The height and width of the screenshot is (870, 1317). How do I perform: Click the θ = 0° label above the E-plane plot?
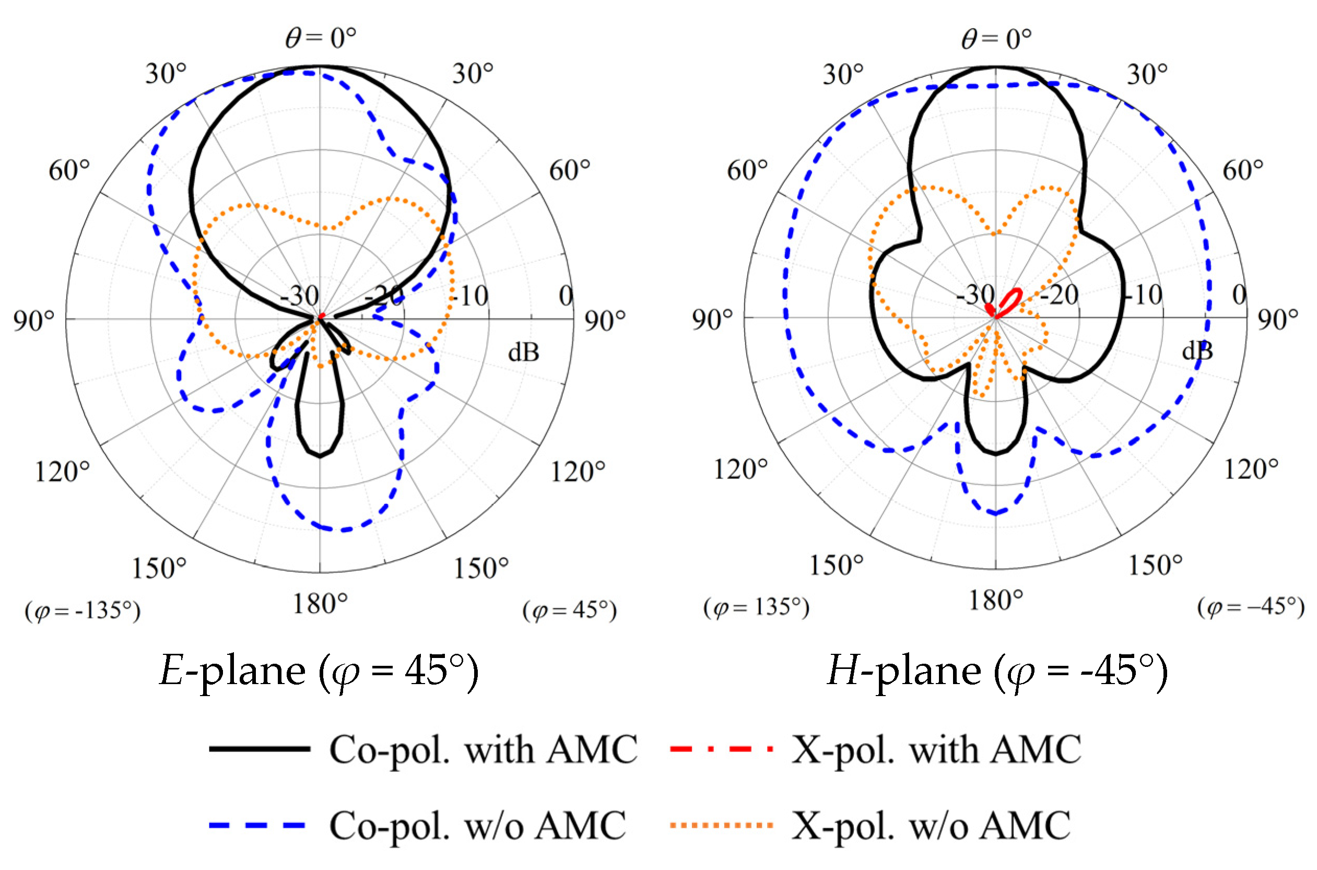pos(320,38)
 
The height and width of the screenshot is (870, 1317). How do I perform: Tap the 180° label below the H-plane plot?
pos(996,601)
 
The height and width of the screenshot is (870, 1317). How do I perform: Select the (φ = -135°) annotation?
pos(83,611)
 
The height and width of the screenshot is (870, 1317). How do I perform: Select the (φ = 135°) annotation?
pos(756,607)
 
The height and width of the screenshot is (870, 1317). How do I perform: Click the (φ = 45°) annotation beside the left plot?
pos(569,610)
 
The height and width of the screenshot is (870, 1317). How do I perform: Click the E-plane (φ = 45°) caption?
pos(319,672)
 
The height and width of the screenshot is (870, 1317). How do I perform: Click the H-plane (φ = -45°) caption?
pos(997,672)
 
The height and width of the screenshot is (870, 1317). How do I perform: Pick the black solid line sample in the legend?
pos(259,749)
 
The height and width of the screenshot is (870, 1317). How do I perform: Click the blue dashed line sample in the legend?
pos(257,826)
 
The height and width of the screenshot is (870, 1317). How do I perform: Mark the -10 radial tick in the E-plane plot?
pos(470,296)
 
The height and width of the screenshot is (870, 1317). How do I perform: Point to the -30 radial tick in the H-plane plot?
pos(975,295)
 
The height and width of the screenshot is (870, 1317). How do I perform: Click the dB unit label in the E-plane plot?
pos(523,352)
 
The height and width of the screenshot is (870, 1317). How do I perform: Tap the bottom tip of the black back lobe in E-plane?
pos(320,456)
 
